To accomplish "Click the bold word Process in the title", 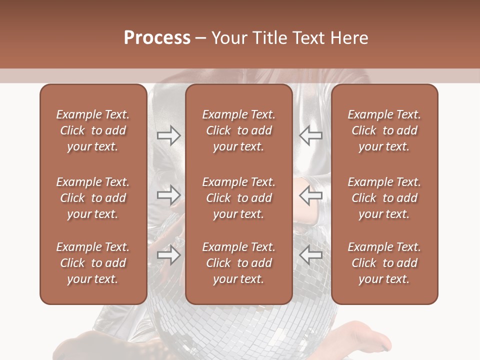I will [157, 38].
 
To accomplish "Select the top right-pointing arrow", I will [169, 135].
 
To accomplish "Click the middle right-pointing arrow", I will [169, 195].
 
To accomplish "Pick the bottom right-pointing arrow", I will [169, 255].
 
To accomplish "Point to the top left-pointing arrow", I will [310, 135].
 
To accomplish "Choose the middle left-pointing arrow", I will [310, 195].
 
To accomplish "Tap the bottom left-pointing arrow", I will [310, 255].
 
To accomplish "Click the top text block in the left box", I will [92, 130].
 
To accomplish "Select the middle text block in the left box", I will [92, 198].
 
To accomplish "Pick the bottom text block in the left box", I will [92, 263].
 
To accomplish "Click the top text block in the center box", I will [238, 130].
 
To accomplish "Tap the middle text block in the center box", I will [238, 198].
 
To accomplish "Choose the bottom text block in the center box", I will [238, 263].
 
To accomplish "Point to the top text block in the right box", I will [384, 130].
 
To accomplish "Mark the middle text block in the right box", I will [384, 198].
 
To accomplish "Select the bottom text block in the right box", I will [384, 263].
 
